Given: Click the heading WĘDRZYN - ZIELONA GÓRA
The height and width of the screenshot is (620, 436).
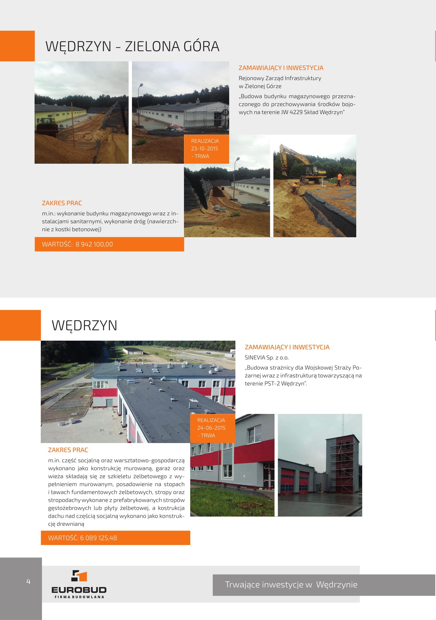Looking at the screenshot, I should coord(132,46).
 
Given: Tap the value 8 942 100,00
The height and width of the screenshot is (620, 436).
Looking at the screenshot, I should coord(94,244).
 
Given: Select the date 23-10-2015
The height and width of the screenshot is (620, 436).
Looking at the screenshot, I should coord(204,149).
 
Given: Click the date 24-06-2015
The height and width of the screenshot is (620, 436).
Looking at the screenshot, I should coord(211,428).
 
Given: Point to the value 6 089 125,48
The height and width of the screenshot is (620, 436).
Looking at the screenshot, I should coord(98,538).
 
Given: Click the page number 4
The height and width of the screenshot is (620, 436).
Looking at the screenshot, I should coord(28,581).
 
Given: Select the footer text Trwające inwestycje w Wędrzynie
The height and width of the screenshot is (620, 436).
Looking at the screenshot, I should coord(291,585).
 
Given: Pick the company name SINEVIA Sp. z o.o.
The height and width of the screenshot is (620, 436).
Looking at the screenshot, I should coord(267,358).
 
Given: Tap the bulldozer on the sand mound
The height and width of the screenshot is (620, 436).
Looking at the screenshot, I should coord(47,126).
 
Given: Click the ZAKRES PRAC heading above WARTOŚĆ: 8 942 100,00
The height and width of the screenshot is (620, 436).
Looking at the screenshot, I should coord(62,203).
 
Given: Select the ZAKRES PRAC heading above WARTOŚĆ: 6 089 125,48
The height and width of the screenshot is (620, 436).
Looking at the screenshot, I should coord(68,450).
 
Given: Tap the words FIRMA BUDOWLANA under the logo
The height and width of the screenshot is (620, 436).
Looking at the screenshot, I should coord(79,597).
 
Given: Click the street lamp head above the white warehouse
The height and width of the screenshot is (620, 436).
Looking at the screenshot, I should coord(141,85).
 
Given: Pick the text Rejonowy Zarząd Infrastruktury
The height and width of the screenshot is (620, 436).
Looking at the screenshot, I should coord(280,78).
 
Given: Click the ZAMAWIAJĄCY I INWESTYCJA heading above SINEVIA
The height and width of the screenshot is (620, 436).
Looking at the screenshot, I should coord(287,347).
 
